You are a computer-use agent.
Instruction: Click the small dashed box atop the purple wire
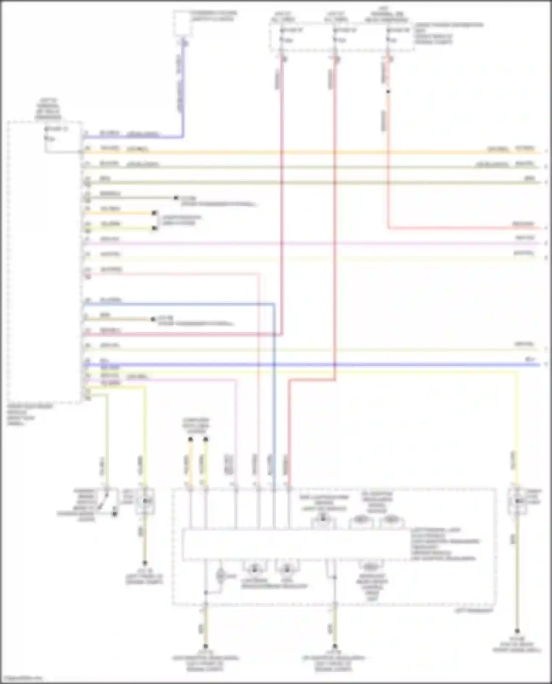(182, 23)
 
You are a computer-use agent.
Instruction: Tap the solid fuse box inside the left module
(63, 137)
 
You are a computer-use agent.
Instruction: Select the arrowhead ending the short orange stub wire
(155, 213)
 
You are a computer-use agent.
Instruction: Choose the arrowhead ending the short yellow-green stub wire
(155, 229)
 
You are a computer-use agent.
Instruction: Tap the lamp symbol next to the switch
(145, 501)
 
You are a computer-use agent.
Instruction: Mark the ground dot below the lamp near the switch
(145, 563)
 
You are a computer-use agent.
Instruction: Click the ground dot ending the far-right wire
(517, 631)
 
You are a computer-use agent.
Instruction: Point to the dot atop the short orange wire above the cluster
(191, 439)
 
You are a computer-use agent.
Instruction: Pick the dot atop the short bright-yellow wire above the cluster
(206, 439)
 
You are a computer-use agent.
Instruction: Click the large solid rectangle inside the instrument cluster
(296, 545)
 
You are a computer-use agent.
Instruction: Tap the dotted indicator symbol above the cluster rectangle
(323, 519)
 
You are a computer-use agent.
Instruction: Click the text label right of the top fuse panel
(449, 34)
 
